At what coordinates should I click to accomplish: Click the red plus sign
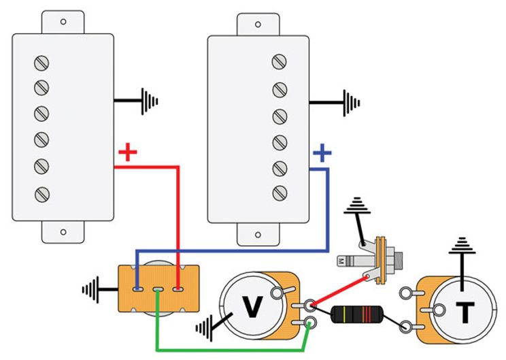click(x=126, y=153)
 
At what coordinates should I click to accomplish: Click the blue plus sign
click(x=322, y=154)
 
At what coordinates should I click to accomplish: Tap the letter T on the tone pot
click(x=465, y=312)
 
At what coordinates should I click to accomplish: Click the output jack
click(x=384, y=259)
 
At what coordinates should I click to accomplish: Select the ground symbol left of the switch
click(x=91, y=289)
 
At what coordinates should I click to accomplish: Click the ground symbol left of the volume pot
click(x=205, y=327)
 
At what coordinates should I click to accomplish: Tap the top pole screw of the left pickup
click(x=41, y=64)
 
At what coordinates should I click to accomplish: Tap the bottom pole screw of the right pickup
click(x=279, y=193)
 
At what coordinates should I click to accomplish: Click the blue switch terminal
click(x=138, y=289)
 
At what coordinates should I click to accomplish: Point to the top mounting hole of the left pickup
click(x=63, y=22)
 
